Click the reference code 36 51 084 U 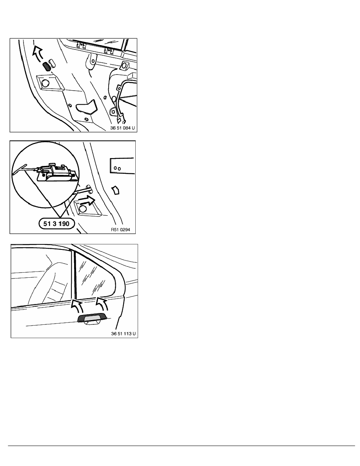(x=122, y=128)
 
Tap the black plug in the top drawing (x=47, y=66)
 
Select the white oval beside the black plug (x=53, y=63)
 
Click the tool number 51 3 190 (x=56, y=224)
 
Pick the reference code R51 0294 (x=120, y=229)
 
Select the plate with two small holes (x=122, y=166)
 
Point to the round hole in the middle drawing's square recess (x=83, y=208)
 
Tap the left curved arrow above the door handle (x=77, y=306)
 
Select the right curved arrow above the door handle (x=101, y=304)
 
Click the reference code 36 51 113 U (x=123, y=334)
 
